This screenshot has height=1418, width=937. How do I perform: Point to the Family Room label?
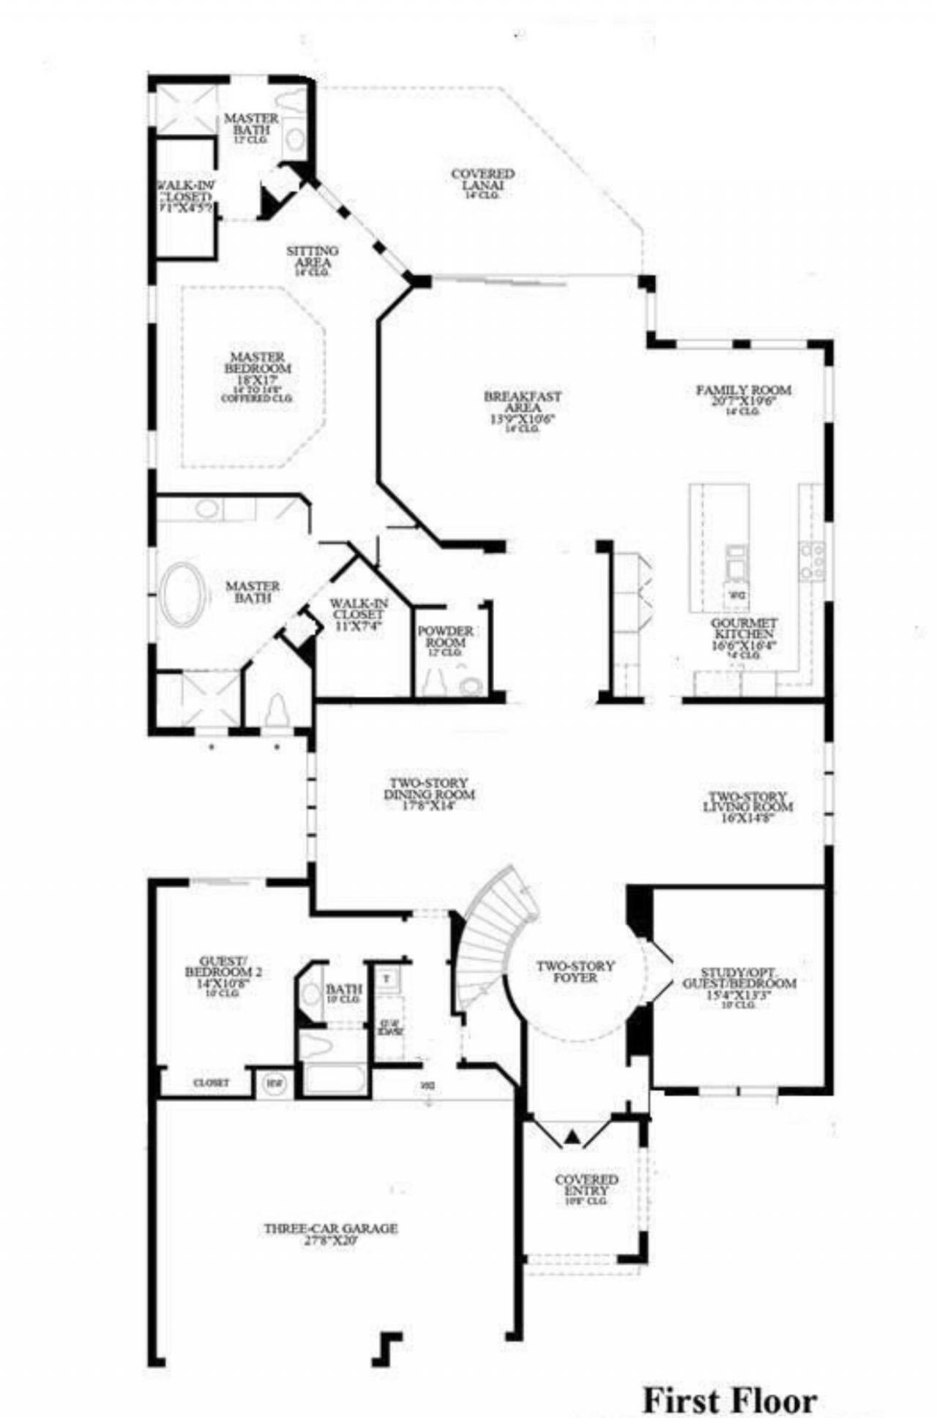[x=742, y=395]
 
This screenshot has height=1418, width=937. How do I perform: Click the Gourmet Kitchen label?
[x=744, y=633]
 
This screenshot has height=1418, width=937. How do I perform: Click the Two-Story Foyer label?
[x=575, y=972]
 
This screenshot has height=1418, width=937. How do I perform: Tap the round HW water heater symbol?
[x=274, y=1083]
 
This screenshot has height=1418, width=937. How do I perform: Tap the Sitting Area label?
[x=313, y=257]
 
